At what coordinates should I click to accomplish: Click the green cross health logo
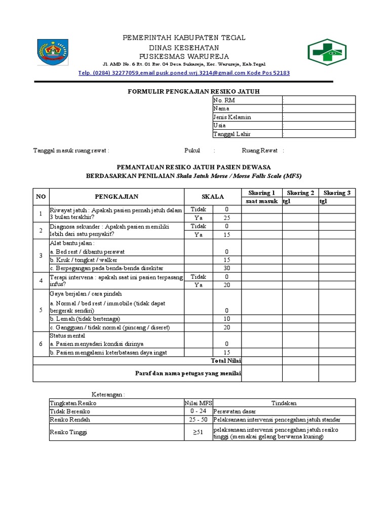327,52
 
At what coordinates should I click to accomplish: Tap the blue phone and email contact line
184,72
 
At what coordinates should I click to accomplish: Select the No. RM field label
224,100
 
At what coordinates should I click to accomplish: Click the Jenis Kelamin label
232,117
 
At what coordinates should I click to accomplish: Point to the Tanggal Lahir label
232,134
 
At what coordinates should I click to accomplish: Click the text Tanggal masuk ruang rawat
71,151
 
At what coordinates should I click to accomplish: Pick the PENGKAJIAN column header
116,196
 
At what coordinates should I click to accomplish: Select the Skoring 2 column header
300,193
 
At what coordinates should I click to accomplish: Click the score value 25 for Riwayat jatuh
226,217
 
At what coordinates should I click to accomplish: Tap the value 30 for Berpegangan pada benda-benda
226,268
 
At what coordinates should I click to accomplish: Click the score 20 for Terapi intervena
226,285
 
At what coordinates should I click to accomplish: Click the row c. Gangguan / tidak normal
109,327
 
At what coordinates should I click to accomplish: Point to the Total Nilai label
226,360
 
